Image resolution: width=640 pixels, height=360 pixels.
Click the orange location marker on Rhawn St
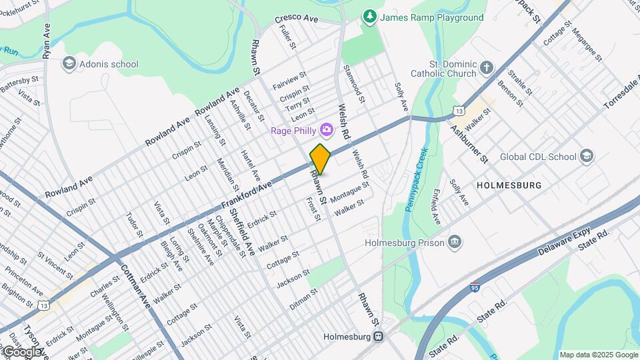click(x=320, y=159)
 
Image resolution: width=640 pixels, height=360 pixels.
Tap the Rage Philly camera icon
click(x=327, y=129)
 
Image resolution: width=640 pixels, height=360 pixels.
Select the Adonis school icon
click(x=68, y=64)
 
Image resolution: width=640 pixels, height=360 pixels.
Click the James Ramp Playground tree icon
click(x=369, y=16)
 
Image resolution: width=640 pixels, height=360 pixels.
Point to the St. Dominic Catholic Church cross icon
click(x=487, y=67)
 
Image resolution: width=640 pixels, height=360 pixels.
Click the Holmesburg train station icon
click(x=378, y=337)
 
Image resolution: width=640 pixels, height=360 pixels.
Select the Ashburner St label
click(x=469, y=143)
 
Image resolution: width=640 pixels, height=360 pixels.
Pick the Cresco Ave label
click(x=297, y=19)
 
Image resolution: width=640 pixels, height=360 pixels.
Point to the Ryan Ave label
click(x=46, y=41)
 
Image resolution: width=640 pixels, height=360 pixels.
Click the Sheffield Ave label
click(x=241, y=232)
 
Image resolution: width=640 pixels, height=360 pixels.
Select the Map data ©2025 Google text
click(x=598, y=355)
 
